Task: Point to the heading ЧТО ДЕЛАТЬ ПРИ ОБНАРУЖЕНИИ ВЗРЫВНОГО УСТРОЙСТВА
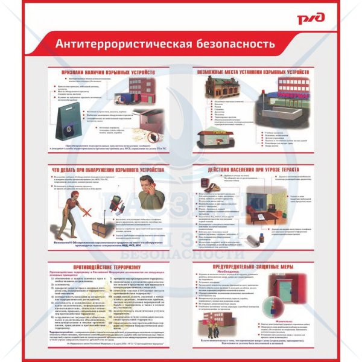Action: click(x=108, y=170)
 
